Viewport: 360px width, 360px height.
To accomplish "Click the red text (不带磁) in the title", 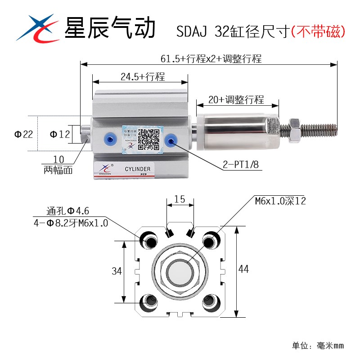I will coord(318,31).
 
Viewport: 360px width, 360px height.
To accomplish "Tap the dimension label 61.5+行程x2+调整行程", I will coord(211,59).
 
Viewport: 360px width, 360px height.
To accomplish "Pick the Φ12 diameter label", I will coord(59,134).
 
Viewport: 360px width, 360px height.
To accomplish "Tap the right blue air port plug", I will coord(171,140).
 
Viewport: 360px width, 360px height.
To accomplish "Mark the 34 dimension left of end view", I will coord(117,271).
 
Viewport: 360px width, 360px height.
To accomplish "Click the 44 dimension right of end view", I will coord(243,269).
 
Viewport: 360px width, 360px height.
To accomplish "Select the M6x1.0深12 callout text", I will coord(280,201).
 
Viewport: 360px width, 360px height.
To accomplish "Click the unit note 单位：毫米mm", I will coord(318,346).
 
